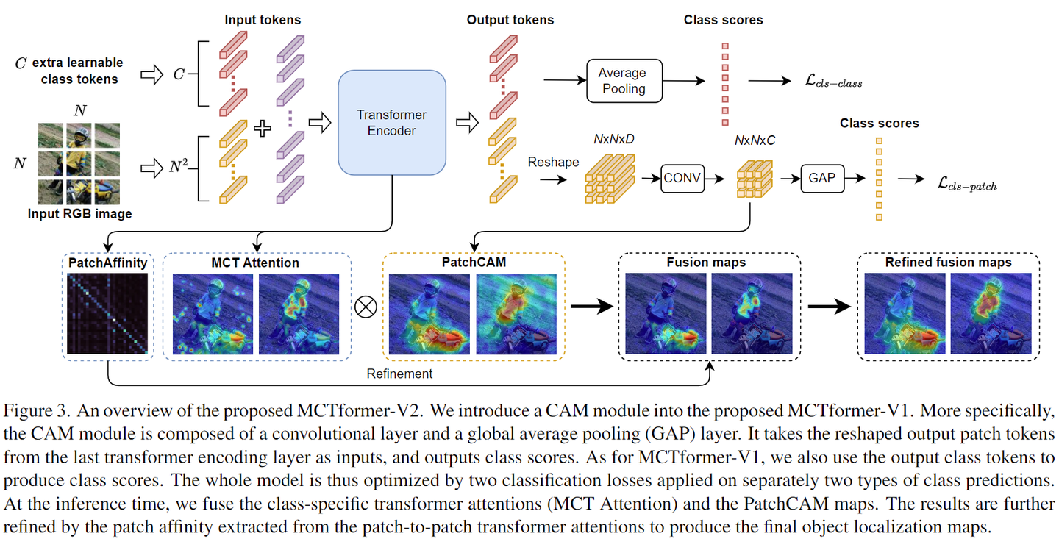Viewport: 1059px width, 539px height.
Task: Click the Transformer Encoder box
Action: point(391,124)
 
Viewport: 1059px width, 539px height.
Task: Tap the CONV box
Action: point(682,178)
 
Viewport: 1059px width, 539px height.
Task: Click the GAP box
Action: point(821,178)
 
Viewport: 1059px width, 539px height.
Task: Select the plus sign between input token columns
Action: point(262,128)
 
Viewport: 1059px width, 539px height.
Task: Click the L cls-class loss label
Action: point(833,82)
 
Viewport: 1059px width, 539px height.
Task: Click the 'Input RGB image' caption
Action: point(79,214)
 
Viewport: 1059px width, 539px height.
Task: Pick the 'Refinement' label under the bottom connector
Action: point(399,374)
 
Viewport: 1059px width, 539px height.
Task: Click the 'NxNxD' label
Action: point(613,139)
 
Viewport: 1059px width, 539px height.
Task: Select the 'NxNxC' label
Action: point(755,139)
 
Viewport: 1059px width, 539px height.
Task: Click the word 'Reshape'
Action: point(553,162)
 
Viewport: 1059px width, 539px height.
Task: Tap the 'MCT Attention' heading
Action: point(255,263)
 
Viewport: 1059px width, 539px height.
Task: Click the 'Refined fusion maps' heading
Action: point(948,263)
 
